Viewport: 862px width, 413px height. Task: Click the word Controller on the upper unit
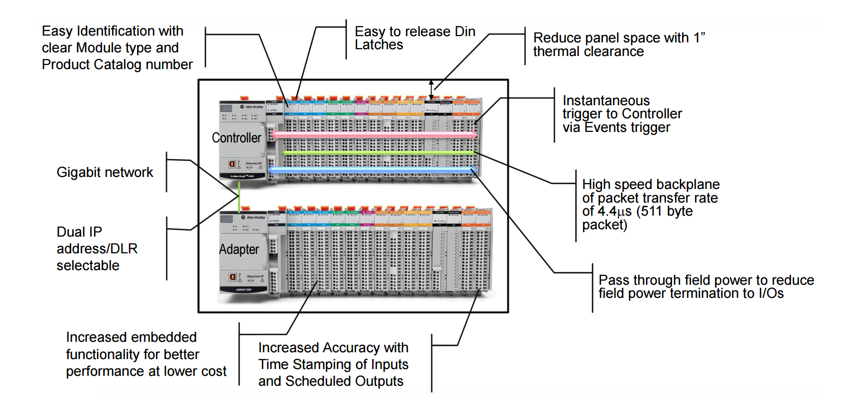(236, 138)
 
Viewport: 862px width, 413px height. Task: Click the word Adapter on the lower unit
(239, 250)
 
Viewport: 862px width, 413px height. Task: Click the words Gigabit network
(105, 172)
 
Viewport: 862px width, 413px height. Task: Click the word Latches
(379, 45)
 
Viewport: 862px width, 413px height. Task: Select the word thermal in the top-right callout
(557, 52)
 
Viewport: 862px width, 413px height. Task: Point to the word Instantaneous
(606, 101)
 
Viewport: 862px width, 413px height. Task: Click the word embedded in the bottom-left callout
(163, 337)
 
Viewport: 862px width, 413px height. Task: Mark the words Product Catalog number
(117, 64)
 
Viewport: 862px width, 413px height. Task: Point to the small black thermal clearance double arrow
(431, 90)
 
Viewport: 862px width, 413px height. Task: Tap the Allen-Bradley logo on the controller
(253, 107)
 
